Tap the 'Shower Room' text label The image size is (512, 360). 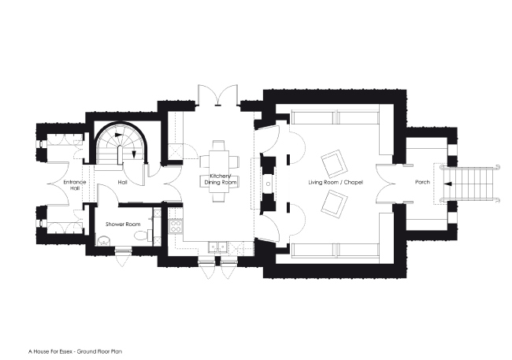click(122, 225)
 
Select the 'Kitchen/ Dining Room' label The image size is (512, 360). click(217, 180)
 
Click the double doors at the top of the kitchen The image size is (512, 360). click(217, 96)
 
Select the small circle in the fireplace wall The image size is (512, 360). click(269, 183)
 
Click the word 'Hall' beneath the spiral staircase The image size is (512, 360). click(122, 183)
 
